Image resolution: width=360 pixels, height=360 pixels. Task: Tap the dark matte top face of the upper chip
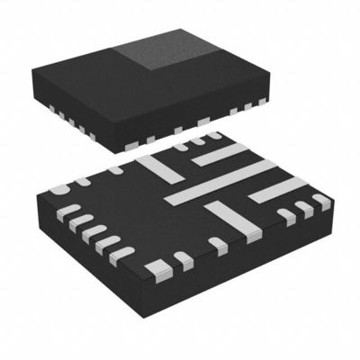point(99,72)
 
